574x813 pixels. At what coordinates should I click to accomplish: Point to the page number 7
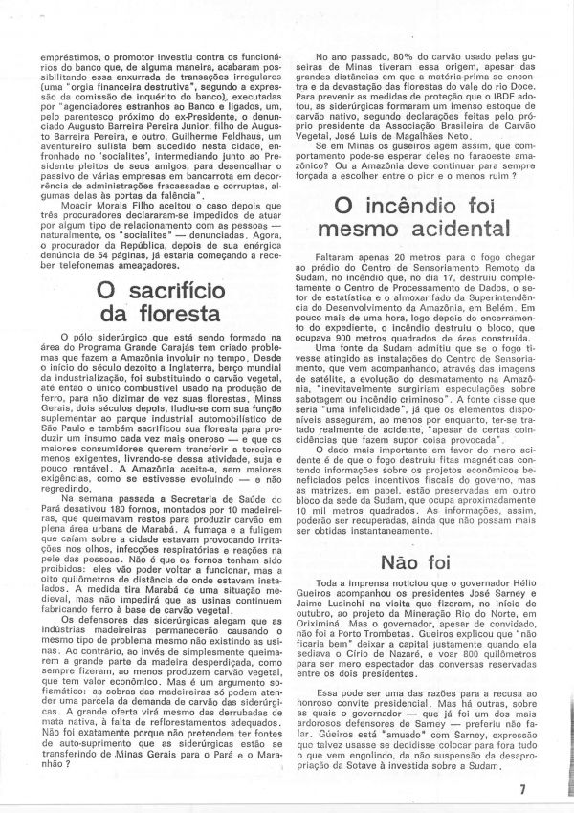pos(550,789)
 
